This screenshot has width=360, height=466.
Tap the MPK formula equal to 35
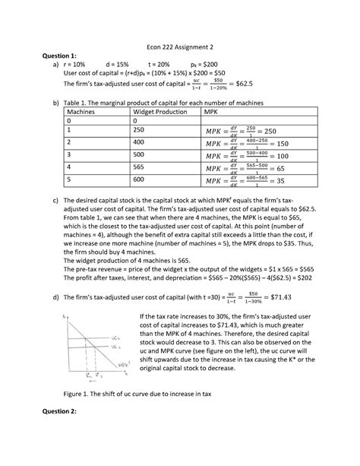coord(251,182)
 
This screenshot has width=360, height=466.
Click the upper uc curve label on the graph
coord(114,335)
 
